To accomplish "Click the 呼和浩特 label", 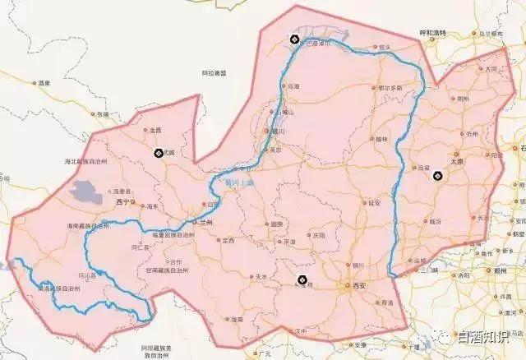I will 432,33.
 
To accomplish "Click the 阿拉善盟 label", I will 214,72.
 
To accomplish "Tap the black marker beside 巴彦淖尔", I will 294,39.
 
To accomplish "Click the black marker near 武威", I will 159,153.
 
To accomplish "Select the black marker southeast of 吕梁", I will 437,175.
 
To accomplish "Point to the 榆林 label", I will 381,140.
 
